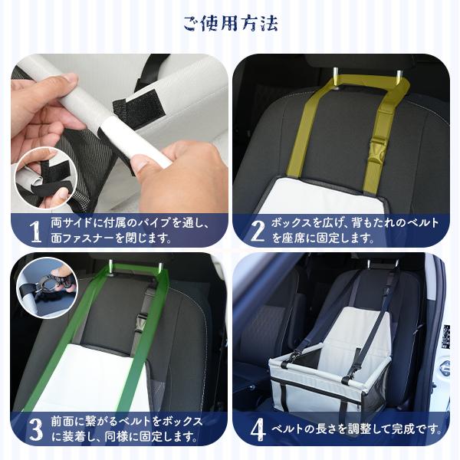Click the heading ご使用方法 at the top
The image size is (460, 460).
click(230, 23)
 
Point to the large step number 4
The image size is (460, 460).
click(257, 429)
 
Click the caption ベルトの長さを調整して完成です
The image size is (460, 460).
click(355, 429)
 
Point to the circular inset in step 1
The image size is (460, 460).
click(43, 176)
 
